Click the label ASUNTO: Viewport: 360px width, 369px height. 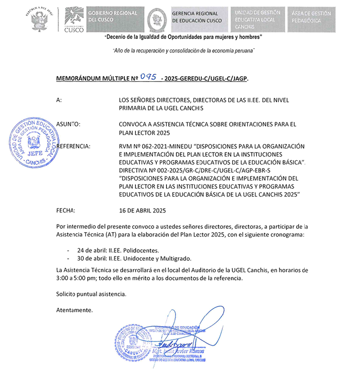68,124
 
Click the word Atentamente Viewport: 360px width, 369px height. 74,310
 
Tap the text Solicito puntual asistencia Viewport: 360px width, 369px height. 91,294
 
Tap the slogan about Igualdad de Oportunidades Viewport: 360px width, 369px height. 184,37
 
